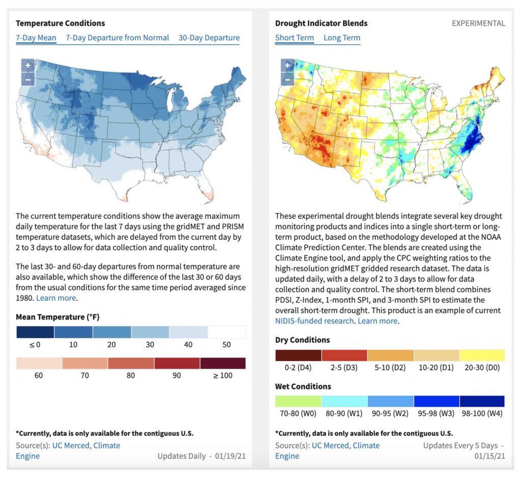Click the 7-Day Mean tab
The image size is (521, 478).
(x=36, y=38)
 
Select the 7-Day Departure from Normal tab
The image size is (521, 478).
(x=118, y=38)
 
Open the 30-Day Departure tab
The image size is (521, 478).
(x=209, y=38)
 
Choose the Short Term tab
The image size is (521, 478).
(x=295, y=38)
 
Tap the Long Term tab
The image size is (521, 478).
(x=342, y=38)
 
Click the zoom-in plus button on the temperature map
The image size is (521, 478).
(x=28, y=66)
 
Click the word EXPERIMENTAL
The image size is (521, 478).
(x=478, y=23)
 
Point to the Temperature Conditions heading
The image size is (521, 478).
(x=60, y=23)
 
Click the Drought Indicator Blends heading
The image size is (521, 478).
(x=322, y=23)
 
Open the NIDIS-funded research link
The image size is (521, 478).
(x=314, y=321)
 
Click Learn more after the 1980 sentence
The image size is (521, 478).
(x=56, y=298)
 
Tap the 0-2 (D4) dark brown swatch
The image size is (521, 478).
(x=298, y=355)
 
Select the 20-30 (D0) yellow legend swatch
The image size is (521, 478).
(x=482, y=355)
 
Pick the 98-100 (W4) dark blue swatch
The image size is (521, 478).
(x=482, y=401)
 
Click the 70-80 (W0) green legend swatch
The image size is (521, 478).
(x=298, y=401)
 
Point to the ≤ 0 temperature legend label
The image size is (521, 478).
(x=35, y=345)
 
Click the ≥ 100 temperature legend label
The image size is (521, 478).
(x=223, y=376)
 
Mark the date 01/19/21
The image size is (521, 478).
(x=230, y=456)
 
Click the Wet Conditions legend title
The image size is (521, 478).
(x=303, y=386)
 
